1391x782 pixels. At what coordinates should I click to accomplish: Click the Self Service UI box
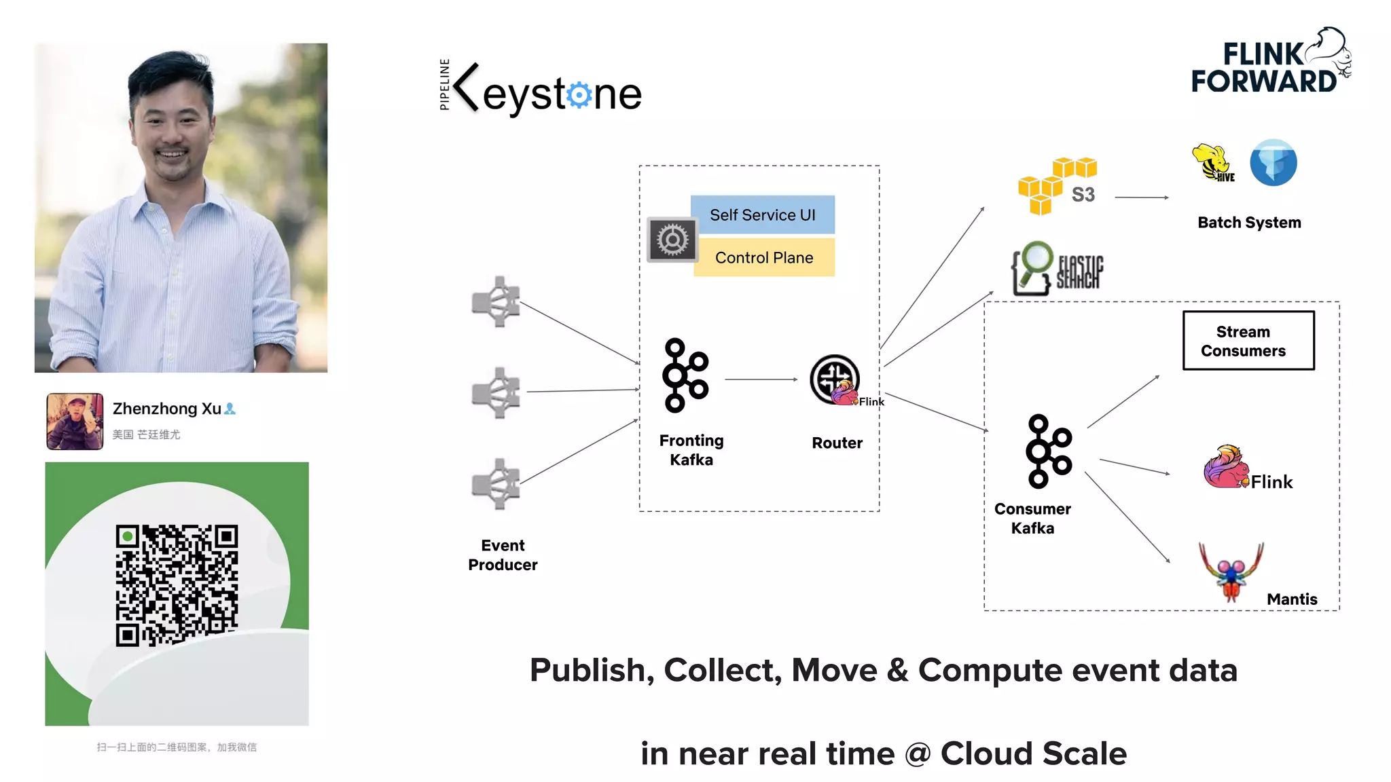coord(762,215)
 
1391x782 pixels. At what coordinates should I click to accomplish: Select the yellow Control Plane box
coord(763,257)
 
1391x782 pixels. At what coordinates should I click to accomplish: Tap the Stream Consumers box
coord(1248,341)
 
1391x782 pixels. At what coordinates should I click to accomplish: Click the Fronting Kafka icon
coord(685,375)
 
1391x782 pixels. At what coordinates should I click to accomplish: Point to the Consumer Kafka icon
coord(1048,451)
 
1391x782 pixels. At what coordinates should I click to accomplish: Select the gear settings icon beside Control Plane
coord(672,240)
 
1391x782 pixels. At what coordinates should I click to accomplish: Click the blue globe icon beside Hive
coord(1273,163)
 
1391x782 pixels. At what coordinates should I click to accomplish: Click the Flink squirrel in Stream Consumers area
coord(1226,468)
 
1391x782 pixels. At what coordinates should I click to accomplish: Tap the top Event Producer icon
coord(496,302)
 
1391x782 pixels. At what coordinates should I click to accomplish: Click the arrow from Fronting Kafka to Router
coord(760,379)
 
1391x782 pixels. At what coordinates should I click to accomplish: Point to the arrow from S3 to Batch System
coord(1141,198)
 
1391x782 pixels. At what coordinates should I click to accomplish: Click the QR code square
coord(177,585)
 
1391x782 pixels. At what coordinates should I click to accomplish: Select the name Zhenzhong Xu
coord(167,409)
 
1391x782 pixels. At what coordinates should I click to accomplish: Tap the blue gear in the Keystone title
coord(579,95)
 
